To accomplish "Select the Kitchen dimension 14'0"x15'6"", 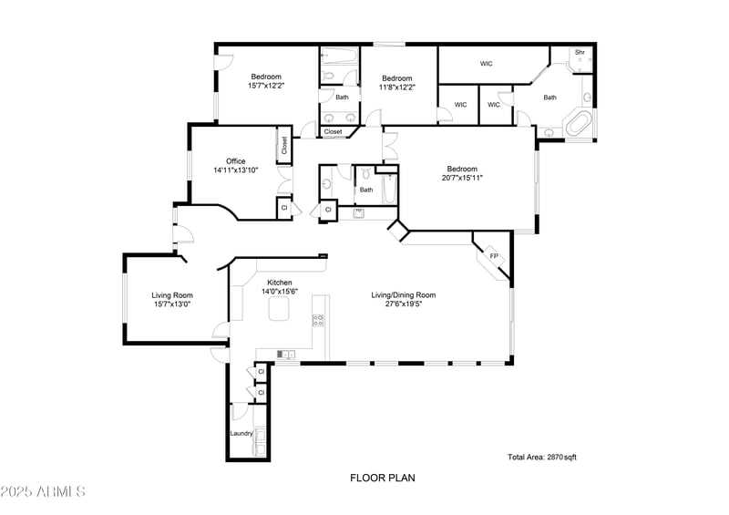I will [x=280, y=293].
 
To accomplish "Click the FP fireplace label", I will [x=494, y=256].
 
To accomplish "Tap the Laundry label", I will [x=241, y=433].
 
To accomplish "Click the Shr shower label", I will [x=579, y=53].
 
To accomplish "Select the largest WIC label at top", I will [x=487, y=64].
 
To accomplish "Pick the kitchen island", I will [x=278, y=313].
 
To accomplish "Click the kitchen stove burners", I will [x=318, y=320].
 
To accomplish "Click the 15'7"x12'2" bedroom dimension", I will [x=266, y=86].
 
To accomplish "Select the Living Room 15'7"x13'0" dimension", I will [x=172, y=304].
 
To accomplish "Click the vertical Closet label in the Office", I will [x=284, y=145].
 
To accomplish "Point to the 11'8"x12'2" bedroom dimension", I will [x=398, y=88].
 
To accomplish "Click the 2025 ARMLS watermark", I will [x=43, y=492].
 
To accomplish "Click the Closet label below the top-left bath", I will [x=334, y=131].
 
